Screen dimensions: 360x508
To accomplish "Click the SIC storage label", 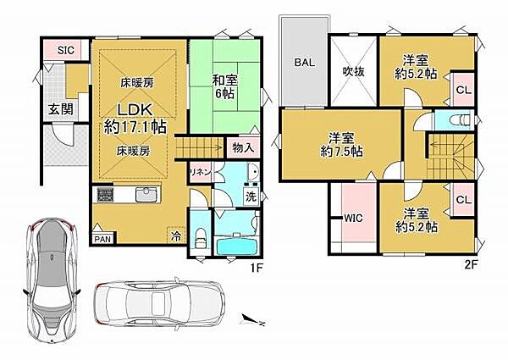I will (x=64, y=50).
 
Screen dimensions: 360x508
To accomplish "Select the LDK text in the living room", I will (x=135, y=111).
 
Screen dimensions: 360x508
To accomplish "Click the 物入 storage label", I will (x=243, y=147).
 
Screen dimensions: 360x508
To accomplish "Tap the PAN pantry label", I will (x=102, y=240).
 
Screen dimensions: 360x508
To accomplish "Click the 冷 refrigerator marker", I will (x=176, y=235).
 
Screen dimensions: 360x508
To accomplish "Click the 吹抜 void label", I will (x=354, y=71).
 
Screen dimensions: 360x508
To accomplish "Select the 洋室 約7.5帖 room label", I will (x=342, y=145).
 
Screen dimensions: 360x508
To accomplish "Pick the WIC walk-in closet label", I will (x=353, y=218).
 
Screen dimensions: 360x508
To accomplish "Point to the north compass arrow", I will (x=252, y=319).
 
